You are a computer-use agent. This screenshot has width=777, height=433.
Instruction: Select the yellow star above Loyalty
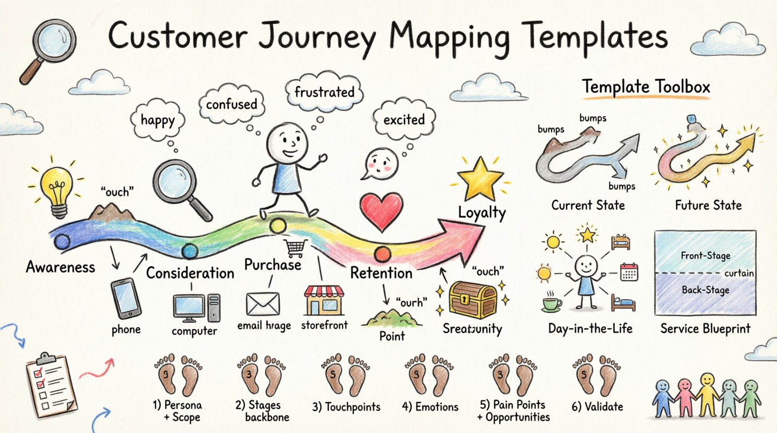click(x=480, y=178)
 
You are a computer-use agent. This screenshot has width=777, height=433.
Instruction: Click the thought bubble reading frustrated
click(x=324, y=92)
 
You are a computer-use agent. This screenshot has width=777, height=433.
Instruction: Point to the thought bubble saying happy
click(x=158, y=120)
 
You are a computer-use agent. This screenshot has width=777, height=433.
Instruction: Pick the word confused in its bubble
click(x=232, y=104)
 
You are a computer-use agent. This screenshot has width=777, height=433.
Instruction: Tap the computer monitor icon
click(x=189, y=307)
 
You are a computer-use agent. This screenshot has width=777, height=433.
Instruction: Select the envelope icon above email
click(x=263, y=304)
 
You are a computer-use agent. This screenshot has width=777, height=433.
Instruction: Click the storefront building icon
click(x=324, y=301)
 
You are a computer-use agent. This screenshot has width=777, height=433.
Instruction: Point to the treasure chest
click(x=473, y=300)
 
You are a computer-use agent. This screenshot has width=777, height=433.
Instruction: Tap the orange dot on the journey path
click(x=382, y=254)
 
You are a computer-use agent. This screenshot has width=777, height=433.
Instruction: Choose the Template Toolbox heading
click(x=646, y=87)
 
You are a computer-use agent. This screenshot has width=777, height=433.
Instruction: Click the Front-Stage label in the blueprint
click(x=705, y=256)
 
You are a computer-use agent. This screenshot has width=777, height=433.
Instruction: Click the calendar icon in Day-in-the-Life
click(x=629, y=272)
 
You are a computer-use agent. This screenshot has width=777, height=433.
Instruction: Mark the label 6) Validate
click(x=597, y=407)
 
